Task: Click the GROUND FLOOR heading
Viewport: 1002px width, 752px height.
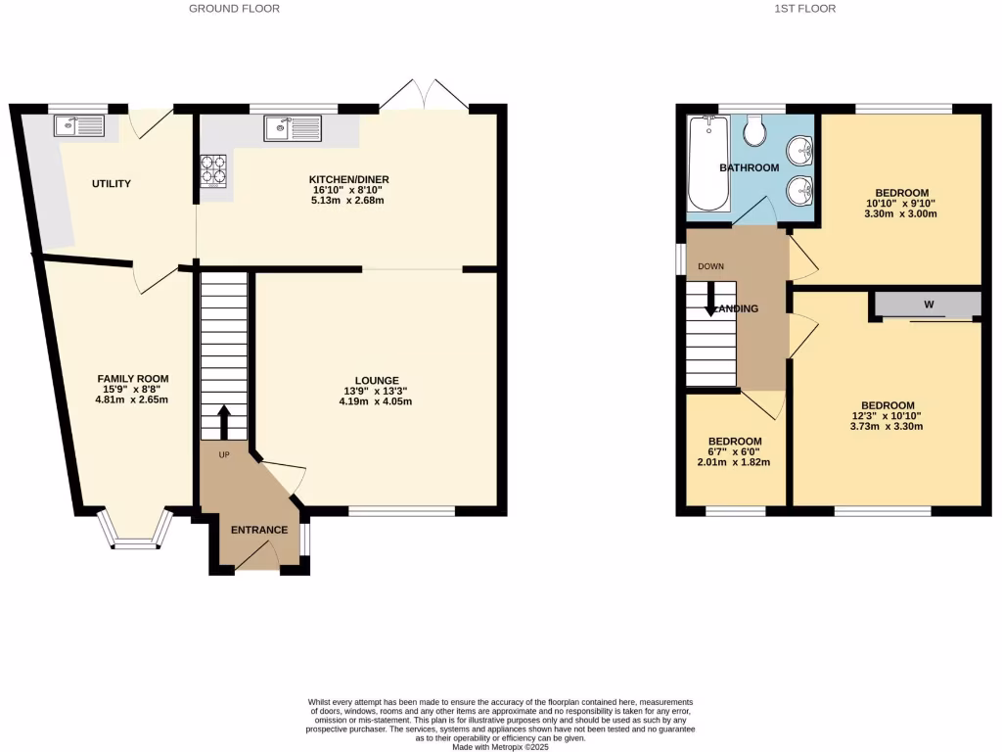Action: (x=234, y=9)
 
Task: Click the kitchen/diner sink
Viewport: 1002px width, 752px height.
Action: (x=292, y=128)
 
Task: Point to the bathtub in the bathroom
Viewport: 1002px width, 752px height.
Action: (x=707, y=164)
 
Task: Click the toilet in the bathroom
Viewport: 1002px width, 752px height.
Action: (x=754, y=130)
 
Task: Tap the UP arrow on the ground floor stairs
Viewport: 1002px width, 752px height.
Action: (x=223, y=423)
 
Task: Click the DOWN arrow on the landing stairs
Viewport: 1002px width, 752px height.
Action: (x=711, y=299)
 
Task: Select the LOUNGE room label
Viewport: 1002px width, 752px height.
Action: (x=377, y=381)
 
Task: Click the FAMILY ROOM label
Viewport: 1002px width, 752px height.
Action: (x=133, y=379)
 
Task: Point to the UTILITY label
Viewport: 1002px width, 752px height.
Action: (x=112, y=184)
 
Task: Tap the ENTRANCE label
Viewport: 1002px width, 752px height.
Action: (x=258, y=531)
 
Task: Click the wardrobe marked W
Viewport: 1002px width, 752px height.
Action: (x=928, y=305)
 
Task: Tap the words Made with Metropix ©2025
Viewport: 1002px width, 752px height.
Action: (x=500, y=747)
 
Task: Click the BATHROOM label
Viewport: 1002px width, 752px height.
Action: (x=750, y=168)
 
